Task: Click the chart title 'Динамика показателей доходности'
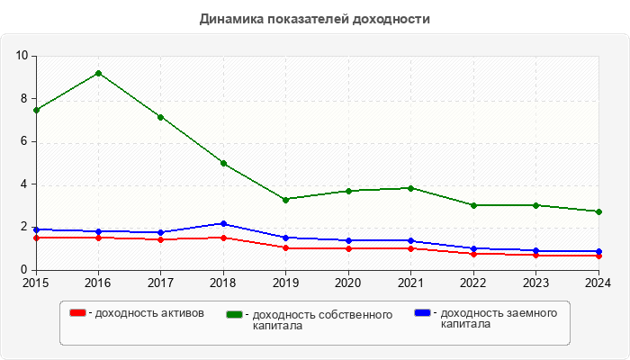tap(314, 18)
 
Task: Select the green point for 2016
tap(98, 73)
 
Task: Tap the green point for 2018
tap(223, 163)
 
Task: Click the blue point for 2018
tap(223, 223)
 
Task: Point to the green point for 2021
tap(410, 188)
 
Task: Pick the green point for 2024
tap(598, 211)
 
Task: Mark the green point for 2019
tap(285, 200)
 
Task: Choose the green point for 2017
tap(160, 117)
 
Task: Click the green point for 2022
tap(473, 205)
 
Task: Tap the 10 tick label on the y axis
tap(22, 56)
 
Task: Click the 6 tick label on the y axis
tap(26, 141)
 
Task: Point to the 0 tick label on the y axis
tap(26, 270)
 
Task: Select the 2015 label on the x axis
tap(36, 283)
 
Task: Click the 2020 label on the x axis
tap(348, 283)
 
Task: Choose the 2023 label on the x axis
tap(535, 283)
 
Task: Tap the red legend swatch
tap(78, 313)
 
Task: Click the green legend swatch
tap(236, 314)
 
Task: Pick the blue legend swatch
tap(422, 313)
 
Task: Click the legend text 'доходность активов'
tap(149, 313)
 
